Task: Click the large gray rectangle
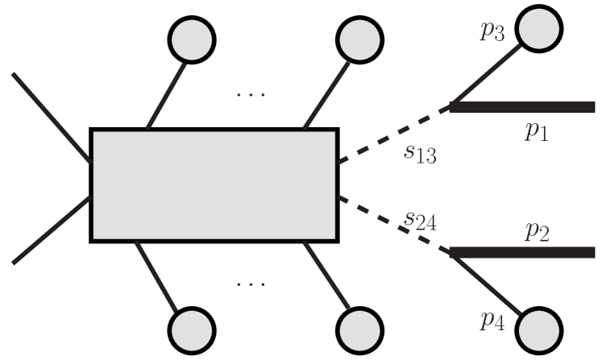[214, 184]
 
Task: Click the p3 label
[493, 34]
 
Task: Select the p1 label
[537, 132]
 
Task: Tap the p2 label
[537, 232]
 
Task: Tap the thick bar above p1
[522, 107]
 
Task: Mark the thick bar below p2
[522, 252]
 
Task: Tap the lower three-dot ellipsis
[251, 283]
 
